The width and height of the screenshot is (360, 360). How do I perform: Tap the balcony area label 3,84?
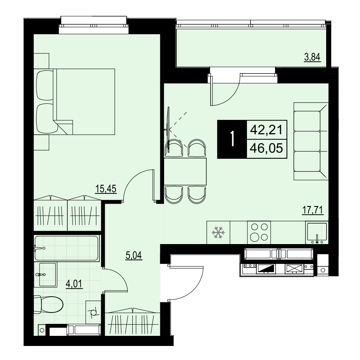point(312,57)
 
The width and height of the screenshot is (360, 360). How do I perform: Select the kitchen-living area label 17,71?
point(313,210)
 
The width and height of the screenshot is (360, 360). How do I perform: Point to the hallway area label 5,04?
point(134,255)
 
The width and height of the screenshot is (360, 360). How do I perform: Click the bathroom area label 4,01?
point(74,284)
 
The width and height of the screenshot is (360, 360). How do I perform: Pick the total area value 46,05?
point(266,148)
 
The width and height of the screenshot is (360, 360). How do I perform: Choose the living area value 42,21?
point(266,130)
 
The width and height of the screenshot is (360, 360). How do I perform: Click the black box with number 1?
point(232,139)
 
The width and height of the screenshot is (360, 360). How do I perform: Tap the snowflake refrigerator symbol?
point(218,232)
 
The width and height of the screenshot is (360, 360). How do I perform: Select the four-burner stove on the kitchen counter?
point(259,232)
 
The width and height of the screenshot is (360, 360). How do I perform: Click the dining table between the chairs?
point(185,171)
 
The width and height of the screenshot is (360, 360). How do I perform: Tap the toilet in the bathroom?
point(48,305)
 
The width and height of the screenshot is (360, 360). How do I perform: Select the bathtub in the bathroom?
point(67,248)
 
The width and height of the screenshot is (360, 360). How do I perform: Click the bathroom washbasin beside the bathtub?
point(45,275)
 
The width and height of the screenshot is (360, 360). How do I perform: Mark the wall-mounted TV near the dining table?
point(169,130)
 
